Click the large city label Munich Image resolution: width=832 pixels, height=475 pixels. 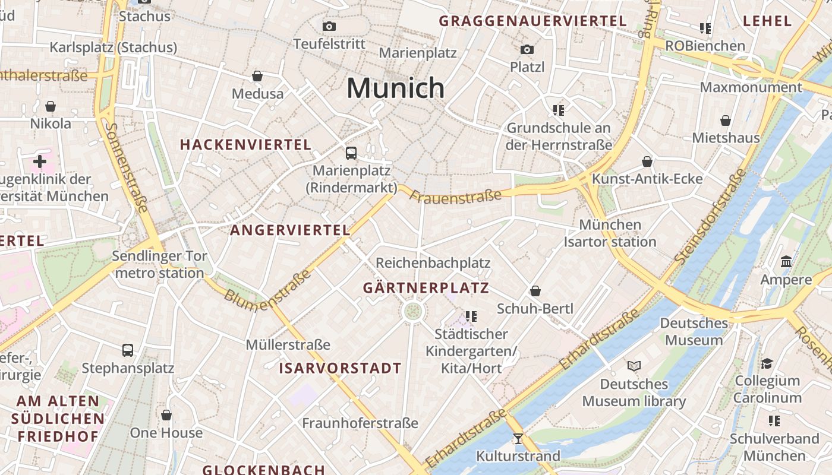pyautogui.click(x=395, y=88)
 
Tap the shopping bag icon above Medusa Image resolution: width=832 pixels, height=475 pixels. pyautogui.click(x=257, y=76)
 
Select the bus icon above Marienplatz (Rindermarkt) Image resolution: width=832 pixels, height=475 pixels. pyautogui.click(x=351, y=153)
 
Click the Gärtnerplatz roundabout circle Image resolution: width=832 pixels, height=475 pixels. pyautogui.click(x=413, y=311)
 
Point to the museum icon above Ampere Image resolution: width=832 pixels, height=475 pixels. pyautogui.click(x=786, y=262)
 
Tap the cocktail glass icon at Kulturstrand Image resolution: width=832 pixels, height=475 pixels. pyautogui.click(x=518, y=439)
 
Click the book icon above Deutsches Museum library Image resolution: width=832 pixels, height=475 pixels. pyautogui.click(x=634, y=366)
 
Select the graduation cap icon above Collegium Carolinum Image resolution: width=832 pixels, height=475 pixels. pyautogui.click(x=767, y=363)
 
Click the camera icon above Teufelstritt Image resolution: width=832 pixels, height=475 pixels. pyautogui.click(x=329, y=26)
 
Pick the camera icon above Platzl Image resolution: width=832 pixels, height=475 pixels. pyautogui.click(x=527, y=49)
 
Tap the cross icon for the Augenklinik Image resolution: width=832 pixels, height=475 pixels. pyautogui.click(x=40, y=161)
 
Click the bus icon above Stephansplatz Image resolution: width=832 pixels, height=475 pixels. pyautogui.click(x=128, y=350)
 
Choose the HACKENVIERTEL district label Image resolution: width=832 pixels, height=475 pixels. pyautogui.click(x=245, y=144)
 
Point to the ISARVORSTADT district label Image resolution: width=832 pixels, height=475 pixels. pyautogui.click(x=341, y=368)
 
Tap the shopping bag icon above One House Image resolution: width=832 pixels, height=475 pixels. pyautogui.click(x=166, y=415)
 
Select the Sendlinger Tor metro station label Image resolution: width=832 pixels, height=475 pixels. pyautogui.click(x=160, y=265)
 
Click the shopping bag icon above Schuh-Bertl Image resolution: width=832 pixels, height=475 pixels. pyautogui.click(x=535, y=291)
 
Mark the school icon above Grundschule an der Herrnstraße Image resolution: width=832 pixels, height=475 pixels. pyautogui.click(x=558, y=110)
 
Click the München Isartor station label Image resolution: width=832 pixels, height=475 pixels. pyautogui.click(x=610, y=233)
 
